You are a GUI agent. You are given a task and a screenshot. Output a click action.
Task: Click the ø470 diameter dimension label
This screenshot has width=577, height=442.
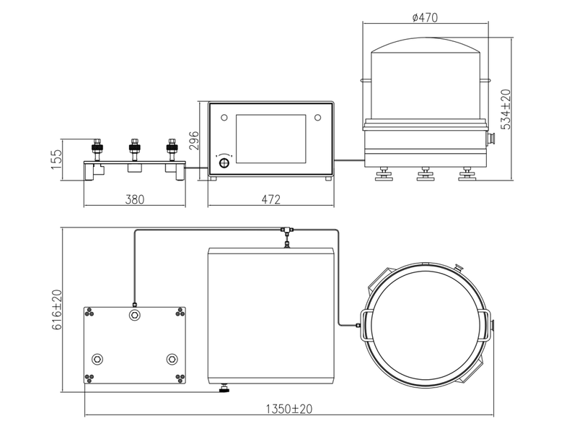(425, 17)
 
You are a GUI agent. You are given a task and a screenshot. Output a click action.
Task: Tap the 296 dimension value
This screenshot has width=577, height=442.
(193, 139)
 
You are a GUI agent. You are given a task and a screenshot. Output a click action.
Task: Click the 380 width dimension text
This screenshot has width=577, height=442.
(134, 199)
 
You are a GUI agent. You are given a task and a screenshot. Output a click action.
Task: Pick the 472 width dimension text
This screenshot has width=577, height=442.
(270, 199)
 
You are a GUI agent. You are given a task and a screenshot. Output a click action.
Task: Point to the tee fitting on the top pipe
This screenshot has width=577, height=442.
(286, 230)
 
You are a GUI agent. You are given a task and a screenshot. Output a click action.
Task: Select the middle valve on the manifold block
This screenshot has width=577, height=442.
(133, 149)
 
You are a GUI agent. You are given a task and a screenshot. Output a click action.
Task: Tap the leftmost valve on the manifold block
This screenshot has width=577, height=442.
(96, 149)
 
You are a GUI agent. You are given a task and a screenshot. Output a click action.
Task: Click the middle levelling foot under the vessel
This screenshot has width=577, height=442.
(425, 174)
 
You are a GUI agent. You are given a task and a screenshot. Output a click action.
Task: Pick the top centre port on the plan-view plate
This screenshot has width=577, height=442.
(134, 316)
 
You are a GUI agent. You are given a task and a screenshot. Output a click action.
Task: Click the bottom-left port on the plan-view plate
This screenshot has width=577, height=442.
(97, 358)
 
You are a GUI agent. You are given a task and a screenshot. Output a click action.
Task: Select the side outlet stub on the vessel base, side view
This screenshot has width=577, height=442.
(491, 138)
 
